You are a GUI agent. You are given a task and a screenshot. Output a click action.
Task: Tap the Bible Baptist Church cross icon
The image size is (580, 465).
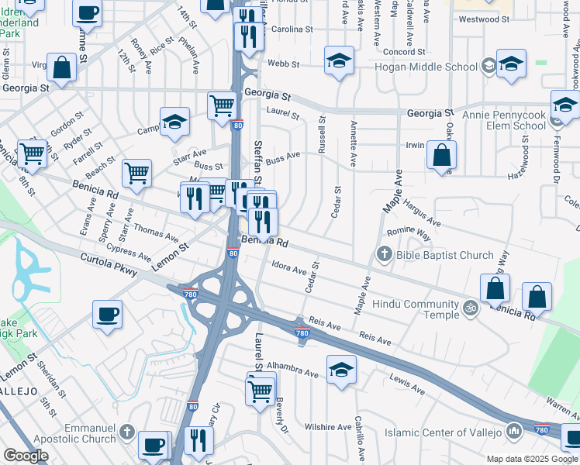[384, 254]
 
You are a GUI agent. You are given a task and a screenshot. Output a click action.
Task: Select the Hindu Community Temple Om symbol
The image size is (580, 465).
[469, 308]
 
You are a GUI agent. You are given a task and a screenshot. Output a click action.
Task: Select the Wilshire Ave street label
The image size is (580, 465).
[329, 427]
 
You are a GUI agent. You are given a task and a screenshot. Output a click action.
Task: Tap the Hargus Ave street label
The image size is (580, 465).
[423, 214]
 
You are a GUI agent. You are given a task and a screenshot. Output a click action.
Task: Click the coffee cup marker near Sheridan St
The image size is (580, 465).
[107, 315]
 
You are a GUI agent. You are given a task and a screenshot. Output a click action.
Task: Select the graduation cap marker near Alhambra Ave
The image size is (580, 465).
[341, 369]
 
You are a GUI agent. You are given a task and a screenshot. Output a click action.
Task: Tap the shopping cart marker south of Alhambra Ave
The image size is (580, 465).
[261, 389]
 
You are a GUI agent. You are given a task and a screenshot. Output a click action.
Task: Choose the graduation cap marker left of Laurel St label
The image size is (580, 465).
[175, 121]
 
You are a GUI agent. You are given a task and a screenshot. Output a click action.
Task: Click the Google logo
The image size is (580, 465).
[25, 456]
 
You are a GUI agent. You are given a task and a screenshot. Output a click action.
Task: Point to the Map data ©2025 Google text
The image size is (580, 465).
[531, 459]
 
